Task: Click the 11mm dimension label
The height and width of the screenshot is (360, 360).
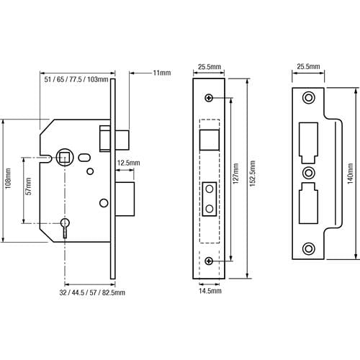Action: [x=162, y=73]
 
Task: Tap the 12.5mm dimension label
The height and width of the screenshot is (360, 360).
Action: [x=128, y=163]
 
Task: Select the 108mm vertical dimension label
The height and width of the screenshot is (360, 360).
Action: [x=8, y=179]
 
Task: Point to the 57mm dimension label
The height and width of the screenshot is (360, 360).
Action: [x=29, y=186]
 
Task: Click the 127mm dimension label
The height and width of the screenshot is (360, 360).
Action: [x=235, y=174]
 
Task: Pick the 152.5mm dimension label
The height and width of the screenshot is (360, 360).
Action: [x=253, y=174]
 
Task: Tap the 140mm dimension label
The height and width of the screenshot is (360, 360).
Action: [x=350, y=174]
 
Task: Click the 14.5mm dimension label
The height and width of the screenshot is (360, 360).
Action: [x=210, y=291]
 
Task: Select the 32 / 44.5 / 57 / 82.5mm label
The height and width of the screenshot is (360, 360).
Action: [x=92, y=292]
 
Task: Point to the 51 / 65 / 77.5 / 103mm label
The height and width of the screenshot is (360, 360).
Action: [x=76, y=79]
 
